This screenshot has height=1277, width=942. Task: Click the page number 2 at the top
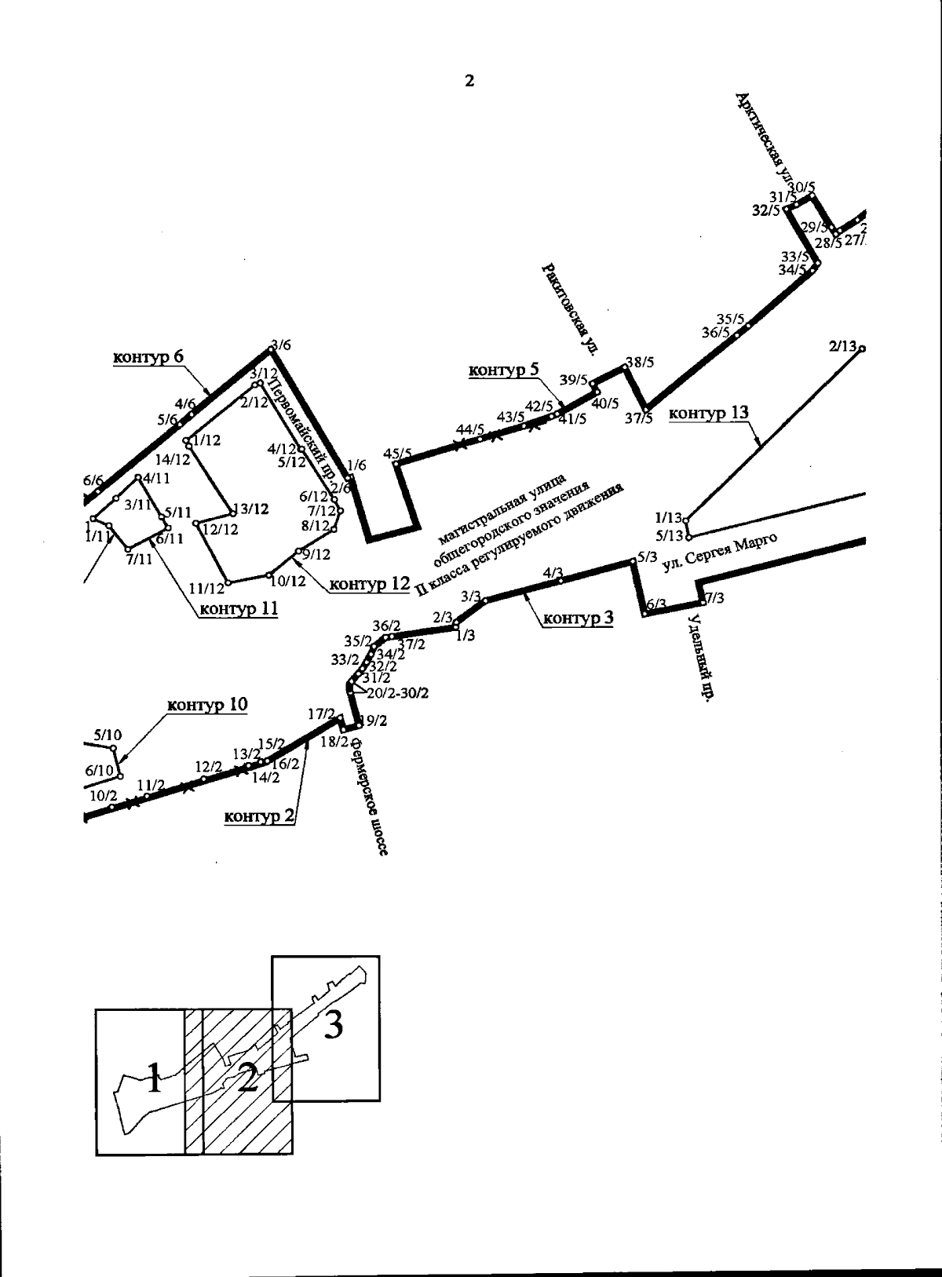469,81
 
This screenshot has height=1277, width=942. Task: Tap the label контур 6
148,357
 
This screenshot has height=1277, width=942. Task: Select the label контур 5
503,370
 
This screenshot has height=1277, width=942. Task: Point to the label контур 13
709,413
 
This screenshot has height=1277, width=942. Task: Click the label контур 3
578,618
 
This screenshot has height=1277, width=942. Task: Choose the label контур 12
369,584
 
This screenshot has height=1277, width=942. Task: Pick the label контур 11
238,608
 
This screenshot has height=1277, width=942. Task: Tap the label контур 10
206,705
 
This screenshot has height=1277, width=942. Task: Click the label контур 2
259,817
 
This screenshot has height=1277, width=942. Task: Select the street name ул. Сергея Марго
719,554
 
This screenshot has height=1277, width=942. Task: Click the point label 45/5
398,454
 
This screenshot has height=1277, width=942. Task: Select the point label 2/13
844,345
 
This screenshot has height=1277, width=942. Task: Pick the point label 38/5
639,363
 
